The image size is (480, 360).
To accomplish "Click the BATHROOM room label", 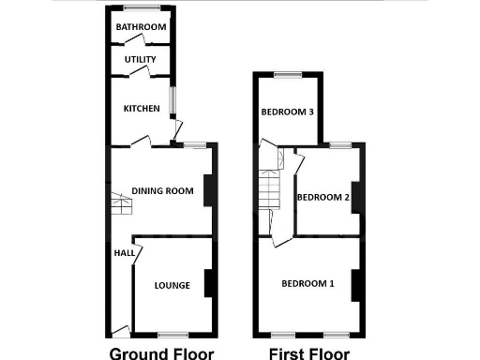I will [141, 27].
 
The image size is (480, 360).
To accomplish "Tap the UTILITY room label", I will [141, 60].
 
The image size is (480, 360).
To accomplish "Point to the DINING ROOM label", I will [162, 191].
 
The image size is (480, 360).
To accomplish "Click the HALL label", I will [123, 253].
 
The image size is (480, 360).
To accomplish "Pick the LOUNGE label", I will [172, 286].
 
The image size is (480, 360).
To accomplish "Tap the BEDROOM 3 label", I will [286, 112].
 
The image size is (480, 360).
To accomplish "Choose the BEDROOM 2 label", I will [322, 198].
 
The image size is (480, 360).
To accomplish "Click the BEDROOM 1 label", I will [307, 283].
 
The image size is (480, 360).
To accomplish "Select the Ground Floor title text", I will [161, 353].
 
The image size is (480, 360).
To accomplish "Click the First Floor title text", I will [308, 353].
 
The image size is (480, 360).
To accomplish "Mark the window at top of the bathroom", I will [141, 8].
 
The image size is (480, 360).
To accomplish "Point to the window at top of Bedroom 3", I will [288, 73].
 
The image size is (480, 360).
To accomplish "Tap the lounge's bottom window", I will [172, 335].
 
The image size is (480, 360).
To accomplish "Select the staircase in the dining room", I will [119, 202].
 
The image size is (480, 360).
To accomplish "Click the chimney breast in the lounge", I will [208, 284].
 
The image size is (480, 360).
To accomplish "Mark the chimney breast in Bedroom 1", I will [355, 284].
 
